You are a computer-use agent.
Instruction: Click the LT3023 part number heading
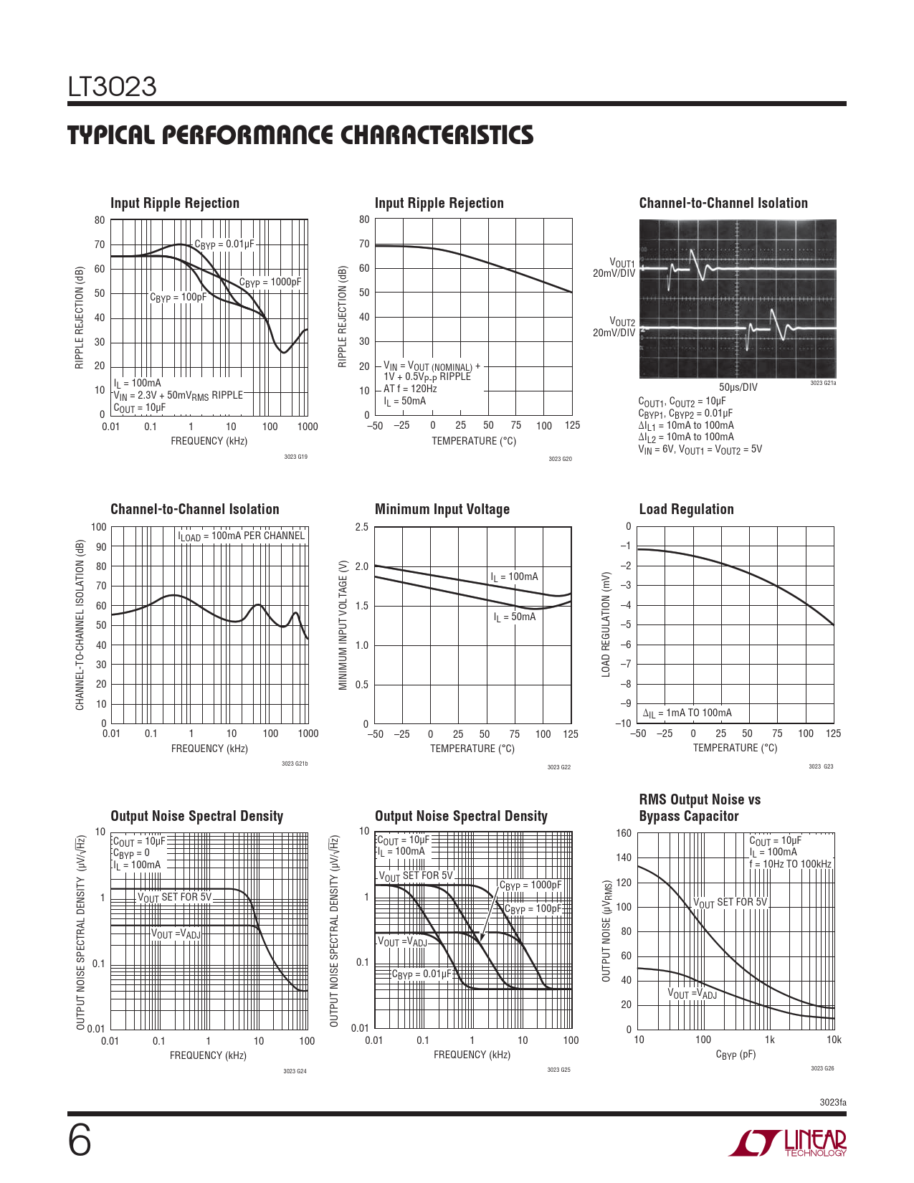112,87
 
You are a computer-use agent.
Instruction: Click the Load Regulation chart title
686,509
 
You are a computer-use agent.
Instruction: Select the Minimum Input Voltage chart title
442,509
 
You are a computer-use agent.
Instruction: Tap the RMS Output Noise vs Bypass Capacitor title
699,808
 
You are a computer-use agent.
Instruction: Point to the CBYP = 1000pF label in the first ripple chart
270,282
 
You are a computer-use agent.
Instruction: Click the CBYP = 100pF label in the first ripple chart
178,298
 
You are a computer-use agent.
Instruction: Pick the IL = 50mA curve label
514,617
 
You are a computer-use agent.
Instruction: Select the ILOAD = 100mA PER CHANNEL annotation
242,536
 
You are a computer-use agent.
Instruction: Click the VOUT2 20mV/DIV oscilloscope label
614,327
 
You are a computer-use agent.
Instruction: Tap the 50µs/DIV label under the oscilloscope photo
738,387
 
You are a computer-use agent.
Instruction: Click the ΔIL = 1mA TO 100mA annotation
687,713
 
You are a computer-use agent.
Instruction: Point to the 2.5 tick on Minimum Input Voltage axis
362,527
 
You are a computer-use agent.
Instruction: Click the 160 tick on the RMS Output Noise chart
624,833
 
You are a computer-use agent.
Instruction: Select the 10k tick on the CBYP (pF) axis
833,1040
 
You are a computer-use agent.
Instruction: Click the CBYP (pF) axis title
736,1055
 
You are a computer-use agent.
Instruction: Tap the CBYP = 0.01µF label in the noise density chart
422,974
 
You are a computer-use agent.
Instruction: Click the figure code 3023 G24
295,1071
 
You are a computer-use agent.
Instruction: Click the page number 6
80,1141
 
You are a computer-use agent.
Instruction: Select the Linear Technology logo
788,1143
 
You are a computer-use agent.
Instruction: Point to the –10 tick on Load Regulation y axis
623,723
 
